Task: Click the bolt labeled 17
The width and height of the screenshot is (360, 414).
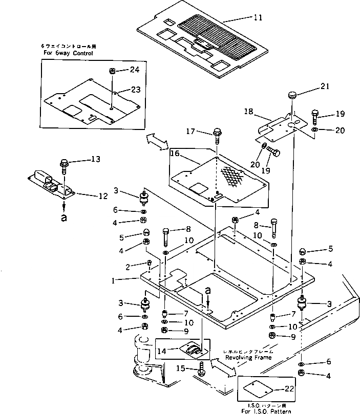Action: [x=218, y=134]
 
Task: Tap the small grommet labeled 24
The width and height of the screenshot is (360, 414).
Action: [x=112, y=70]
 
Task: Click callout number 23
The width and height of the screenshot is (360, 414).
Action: [x=135, y=89]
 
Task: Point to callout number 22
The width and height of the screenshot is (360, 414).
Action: [x=290, y=388]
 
